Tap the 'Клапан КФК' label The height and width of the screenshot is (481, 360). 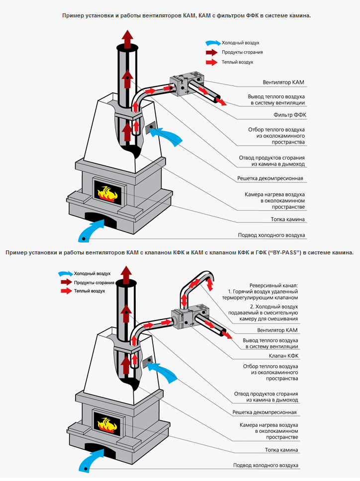coord(283,356)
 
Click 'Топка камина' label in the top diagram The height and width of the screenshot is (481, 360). coord(288,219)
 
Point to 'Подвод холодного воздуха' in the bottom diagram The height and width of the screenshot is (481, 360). coord(266,465)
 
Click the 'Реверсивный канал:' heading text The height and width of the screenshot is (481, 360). coord(273,286)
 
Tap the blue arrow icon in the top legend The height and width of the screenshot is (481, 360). coord(213,43)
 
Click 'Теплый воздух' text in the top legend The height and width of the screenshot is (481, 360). coord(238,62)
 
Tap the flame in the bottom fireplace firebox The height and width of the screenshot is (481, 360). coord(108,424)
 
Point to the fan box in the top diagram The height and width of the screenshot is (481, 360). coord(187,85)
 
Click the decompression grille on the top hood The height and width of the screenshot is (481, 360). coord(151,128)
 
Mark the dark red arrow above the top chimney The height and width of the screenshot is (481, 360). coord(128,37)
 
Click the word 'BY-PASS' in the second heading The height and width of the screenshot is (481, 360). coord(285,252)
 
